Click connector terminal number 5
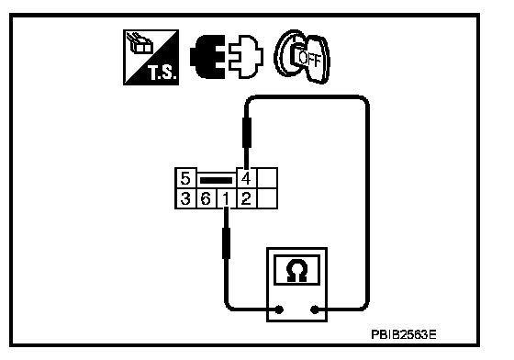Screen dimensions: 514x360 click(x=185, y=179)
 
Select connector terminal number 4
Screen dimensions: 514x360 click(x=246, y=179)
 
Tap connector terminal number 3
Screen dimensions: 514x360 click(x=185, y=198)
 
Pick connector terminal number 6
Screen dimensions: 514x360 click(x=206, y=198)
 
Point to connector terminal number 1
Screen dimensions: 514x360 click(x=226, y=198)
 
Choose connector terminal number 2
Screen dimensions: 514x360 click(x=246, y=198)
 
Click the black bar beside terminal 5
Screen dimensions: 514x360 click(x=216, y=180)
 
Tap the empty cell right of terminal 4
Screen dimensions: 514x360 click(x=267, y=179)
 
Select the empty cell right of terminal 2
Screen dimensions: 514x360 click(x=267, y=198)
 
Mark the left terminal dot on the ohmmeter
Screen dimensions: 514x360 click(x=279, y=309)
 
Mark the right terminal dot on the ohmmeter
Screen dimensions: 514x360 click(x=314, y=309)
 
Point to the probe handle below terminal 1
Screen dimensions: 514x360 click(x=226, y=243)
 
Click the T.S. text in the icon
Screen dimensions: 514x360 click(x=162, y=73)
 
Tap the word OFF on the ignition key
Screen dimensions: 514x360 click(x=309, y=59)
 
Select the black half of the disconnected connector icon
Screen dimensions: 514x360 click(x=207, y=57)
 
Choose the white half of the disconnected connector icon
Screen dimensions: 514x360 click(x=246, y=57)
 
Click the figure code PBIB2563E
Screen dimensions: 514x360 click(x=404, y=335)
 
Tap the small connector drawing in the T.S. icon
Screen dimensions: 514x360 click(x=140, y=43)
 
